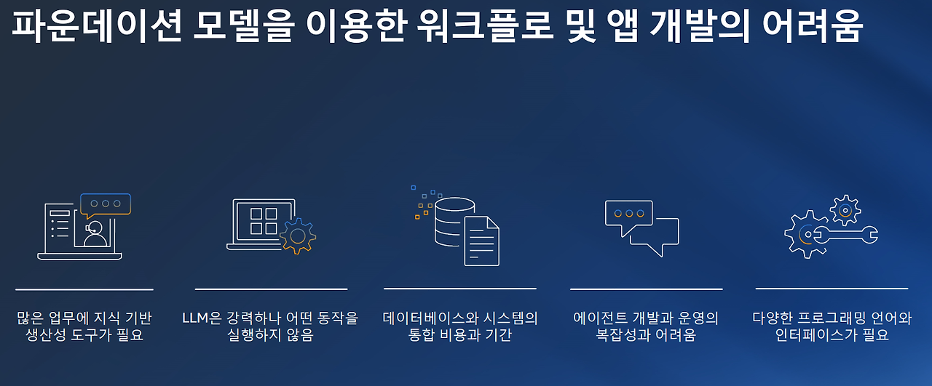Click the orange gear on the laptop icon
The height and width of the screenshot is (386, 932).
click(297, 236)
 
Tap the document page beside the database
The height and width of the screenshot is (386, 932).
click(481, 241)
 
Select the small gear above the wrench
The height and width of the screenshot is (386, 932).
click(845, 209)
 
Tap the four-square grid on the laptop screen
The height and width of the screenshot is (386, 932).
click(264, 221)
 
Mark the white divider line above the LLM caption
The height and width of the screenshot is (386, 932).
click(271, 289)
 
